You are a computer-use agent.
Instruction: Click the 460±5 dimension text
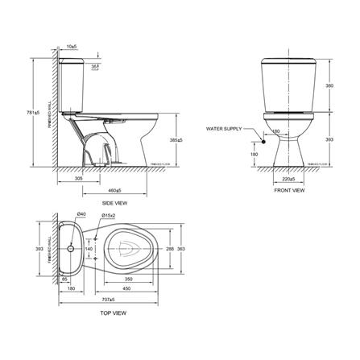point(114,190)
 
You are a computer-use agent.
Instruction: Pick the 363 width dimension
point(190,250)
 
